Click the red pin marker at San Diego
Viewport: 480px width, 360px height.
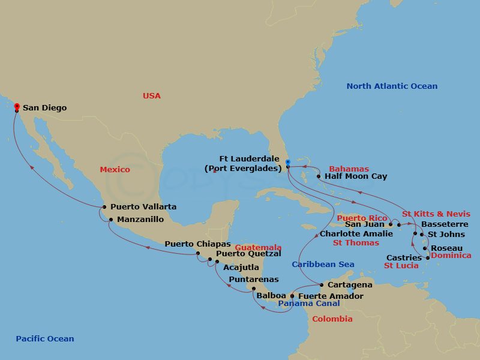click(16, 106)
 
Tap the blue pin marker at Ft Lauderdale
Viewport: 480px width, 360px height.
click(288, 161)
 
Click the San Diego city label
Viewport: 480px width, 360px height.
click(44, 108)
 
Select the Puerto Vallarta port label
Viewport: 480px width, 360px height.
click(143, 207)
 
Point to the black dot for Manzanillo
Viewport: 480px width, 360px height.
click(110, 220)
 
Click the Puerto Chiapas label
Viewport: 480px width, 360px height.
click(197, 244)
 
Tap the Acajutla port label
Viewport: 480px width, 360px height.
click(241, 267)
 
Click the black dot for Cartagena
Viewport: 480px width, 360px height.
click(322, 285)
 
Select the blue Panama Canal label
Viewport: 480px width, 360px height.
click(308, 304)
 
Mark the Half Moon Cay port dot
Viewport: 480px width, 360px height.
click(319, 177)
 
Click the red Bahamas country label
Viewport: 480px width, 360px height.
click(349, 169)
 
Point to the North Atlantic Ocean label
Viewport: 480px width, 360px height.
click(392, 86)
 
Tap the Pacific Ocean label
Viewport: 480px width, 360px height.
click(45, 339)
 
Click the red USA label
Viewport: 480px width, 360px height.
click(152, 96)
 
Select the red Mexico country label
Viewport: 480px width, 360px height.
click(115, 170)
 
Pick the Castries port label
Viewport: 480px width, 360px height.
click(404, 258)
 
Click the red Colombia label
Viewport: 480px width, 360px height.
click(332, 319)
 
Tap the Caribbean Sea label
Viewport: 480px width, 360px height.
click(323, 265)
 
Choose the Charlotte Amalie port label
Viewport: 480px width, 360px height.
click(356, 233)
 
